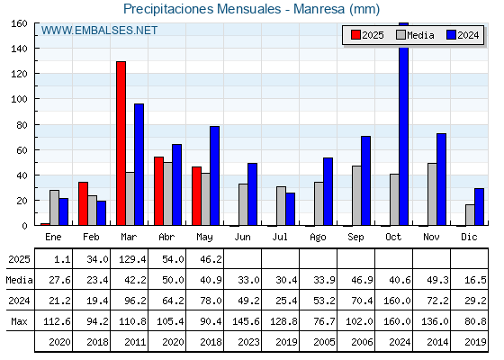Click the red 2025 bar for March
tap(121, 143)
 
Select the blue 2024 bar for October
tap(404, 124)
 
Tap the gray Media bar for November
tap(432, 194)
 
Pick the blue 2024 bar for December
tap(479, 207)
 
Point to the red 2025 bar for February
tap(83, 203)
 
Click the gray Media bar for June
tap(243, 204)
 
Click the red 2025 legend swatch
tap(355, 35)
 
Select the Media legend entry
tap(415, 35)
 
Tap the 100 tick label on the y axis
tap(19, 99)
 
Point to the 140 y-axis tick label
tap(19, 49)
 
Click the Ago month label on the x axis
tap(318, 238)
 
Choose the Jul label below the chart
tap(280, 237)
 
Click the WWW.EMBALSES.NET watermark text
tap(99, 31)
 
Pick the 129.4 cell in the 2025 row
tap(132, 259)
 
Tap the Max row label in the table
tap(19, 321)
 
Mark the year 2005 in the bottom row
tap(324, 342)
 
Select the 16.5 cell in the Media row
tap(475, 280)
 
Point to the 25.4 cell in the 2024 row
tap(286, 301)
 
